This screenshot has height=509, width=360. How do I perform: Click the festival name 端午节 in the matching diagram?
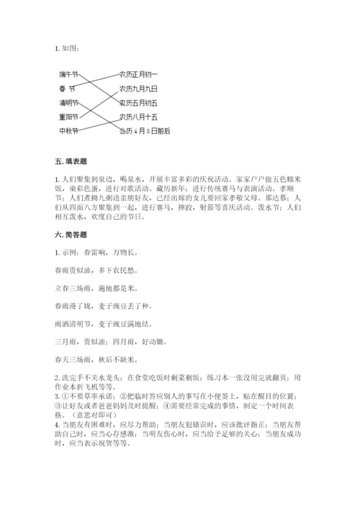69,74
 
